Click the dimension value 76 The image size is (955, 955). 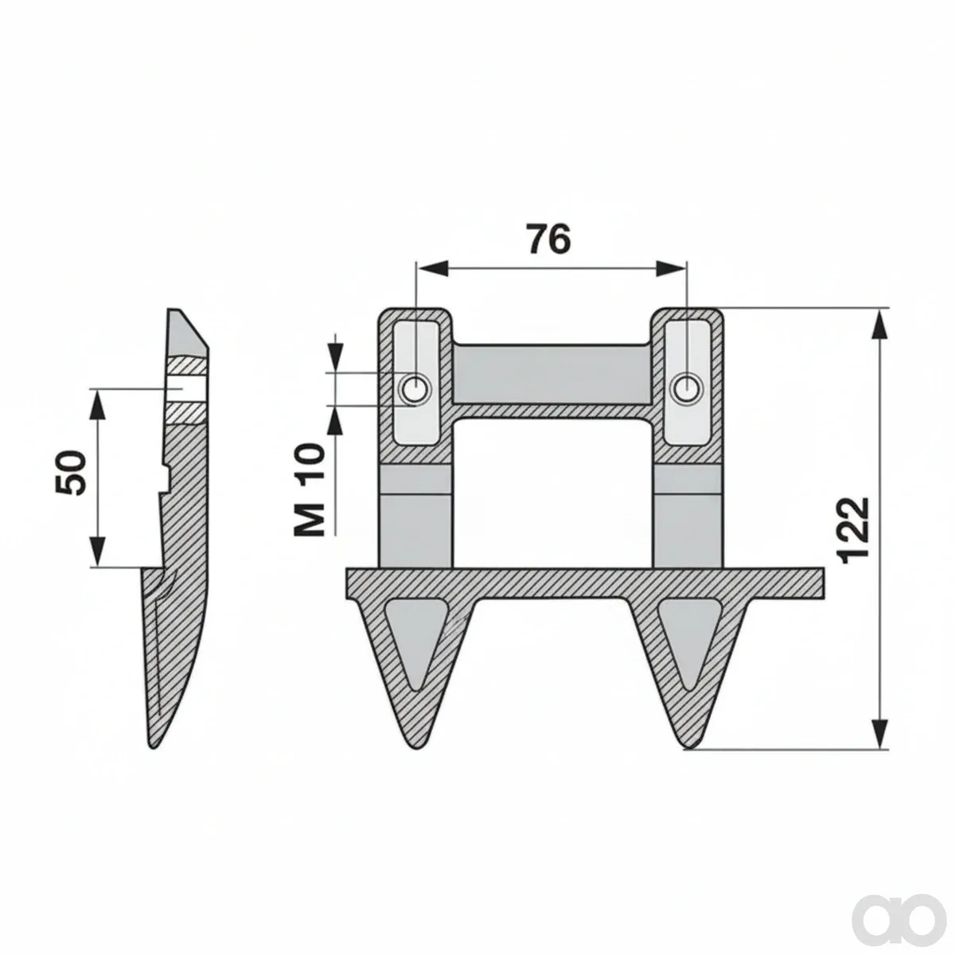tap(548, 239)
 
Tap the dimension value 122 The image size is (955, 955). tap(855, 530)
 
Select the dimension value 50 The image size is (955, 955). tap(70, 473)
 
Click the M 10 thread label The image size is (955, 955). tap(310, 490)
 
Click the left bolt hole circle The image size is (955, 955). tap(415, 388)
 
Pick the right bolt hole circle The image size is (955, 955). tap(686, 388)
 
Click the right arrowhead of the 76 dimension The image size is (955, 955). tap(672, 268)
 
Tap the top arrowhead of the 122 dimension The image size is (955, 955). tap(879, 325)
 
